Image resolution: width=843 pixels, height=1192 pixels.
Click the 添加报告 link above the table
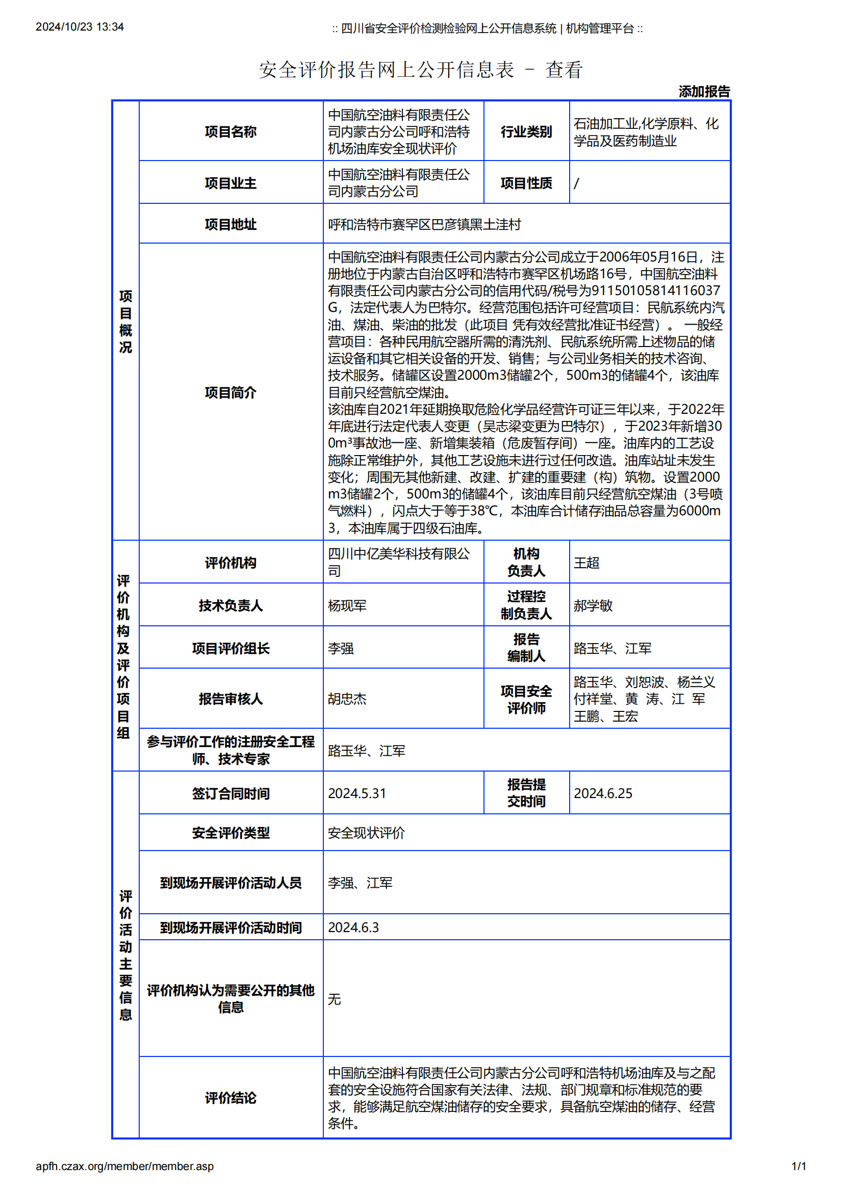click(704, 92)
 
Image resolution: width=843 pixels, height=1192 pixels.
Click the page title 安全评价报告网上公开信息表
click(387, 70)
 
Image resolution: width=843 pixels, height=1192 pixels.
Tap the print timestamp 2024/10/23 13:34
click(80, 27)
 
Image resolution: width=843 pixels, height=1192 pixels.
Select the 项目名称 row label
click(231, 132)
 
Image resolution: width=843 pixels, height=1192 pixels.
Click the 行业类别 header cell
click(526, 132)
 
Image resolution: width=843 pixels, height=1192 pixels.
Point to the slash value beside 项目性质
click(577, 183)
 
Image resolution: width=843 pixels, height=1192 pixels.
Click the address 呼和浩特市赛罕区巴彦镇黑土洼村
click(424, 224)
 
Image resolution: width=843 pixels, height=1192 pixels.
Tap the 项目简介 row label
click(231, 392)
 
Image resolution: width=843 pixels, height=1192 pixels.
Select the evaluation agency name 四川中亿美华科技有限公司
click(398, 562)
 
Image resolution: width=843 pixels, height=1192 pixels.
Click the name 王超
click(586, 563)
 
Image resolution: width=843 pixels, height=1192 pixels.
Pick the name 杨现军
click(347, 605)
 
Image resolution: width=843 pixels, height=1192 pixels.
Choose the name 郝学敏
click(593, 605)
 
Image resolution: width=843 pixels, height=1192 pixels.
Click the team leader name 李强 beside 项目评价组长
click(341, 648)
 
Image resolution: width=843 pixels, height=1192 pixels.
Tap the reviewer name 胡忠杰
click(347, 699)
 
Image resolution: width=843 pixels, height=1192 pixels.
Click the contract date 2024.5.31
click(357, 793)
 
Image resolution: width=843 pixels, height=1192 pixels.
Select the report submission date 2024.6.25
click(602, 793)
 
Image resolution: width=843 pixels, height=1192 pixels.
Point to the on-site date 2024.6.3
click(353, 927)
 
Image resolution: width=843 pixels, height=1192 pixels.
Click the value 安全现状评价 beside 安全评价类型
click(366, 833)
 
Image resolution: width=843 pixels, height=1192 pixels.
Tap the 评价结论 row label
click(231, 1098)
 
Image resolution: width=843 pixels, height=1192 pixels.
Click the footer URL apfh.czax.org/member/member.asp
click(124, 1166)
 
